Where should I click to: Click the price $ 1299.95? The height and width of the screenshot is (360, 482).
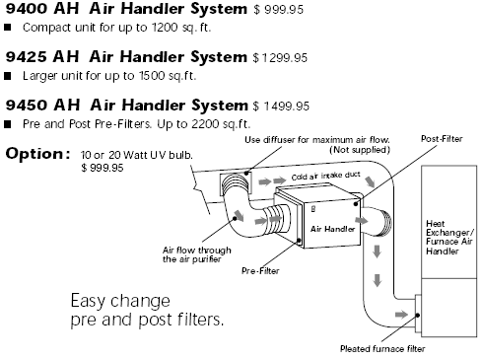pos(280,58)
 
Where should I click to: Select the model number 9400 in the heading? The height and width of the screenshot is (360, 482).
pos(27,9)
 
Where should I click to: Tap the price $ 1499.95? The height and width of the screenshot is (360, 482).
pos(281,107)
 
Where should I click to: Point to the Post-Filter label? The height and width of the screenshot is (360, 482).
pos(442,139)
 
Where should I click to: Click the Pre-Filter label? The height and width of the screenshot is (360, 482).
pos(260,270)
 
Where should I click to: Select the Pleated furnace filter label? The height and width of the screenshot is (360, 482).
pos(382,348)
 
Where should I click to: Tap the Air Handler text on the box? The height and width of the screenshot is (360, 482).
pos(332,229)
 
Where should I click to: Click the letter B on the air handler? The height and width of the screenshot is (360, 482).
pos(313,209)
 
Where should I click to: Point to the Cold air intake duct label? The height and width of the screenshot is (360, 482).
pos(325,176)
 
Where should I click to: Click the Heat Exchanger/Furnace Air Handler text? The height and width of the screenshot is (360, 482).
pos(449,238)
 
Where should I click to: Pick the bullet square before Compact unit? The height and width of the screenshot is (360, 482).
pos(8,28)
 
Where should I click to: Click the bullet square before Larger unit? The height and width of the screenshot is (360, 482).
pos(8,76)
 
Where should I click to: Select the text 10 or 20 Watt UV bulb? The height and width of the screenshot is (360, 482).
pos(137,155)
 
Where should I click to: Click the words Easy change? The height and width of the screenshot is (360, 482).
pos(120,301)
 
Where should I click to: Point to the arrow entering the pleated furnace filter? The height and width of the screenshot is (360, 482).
pos(401,315)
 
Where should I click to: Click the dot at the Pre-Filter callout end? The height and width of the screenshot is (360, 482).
pos(299,241)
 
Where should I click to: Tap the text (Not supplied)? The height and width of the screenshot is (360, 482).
pos(360,150)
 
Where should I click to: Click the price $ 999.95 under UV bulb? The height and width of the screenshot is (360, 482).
pos(103,168)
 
